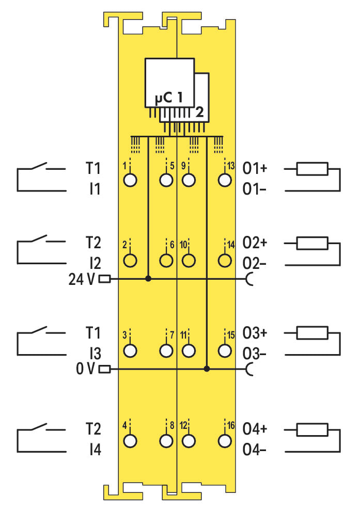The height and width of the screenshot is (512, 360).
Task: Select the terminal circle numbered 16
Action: click(x=224, y=441)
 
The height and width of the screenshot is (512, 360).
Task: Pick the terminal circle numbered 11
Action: click(x=189, y=350)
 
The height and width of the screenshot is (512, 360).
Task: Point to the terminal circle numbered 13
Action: click(x=224, y=180)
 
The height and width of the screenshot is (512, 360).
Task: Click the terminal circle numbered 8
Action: click(x=166, y=441)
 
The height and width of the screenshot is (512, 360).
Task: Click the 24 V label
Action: click(x=81, y=279)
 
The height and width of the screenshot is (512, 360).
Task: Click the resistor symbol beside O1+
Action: click(x=312, y=169)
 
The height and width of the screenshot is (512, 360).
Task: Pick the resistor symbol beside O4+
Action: click(x=312, y=429)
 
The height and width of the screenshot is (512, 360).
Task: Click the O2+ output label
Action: click(x=255, y=242)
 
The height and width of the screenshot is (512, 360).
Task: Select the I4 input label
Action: click(x=94, y=451)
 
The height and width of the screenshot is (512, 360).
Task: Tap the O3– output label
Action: click(x=255, y=354)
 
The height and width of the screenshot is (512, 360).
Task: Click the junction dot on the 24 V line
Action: click(x=148, y=279)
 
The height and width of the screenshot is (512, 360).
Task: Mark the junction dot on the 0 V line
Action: click(x=207, y=369)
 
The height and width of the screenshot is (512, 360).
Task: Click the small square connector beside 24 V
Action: click(x=104, y=279)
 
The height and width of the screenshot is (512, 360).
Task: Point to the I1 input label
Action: click(x=94, y=190)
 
